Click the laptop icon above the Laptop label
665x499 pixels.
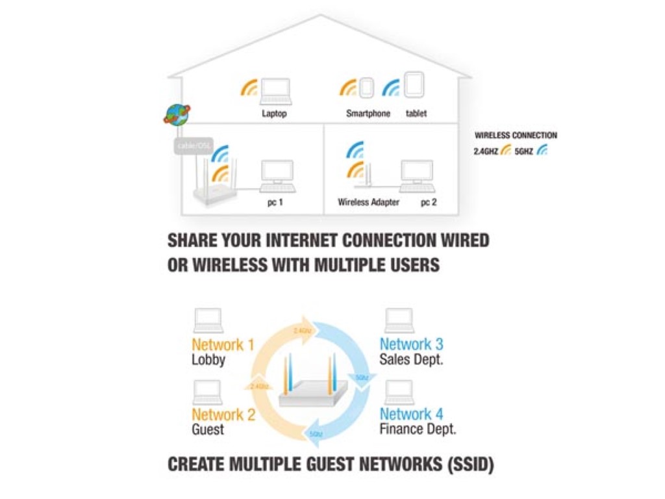click(x=275, y=91)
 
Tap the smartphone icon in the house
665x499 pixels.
click(x=367, y=88)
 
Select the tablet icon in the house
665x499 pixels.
click(x=414, y=85)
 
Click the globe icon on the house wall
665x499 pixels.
click(x=176, y=114)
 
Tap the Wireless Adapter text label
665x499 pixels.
click(x=368, y=202)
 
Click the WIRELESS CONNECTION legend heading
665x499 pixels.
click(x=516, y=136)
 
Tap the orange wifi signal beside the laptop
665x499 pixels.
click(x=249, y=88)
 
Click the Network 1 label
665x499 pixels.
click(x=223, y=344)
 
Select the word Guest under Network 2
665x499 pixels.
click(x=208, y=429)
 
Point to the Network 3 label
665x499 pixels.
click(x=412, y=344)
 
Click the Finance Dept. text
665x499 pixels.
click(x=418, y=429)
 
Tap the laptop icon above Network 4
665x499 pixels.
click(x=399, y=392)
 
